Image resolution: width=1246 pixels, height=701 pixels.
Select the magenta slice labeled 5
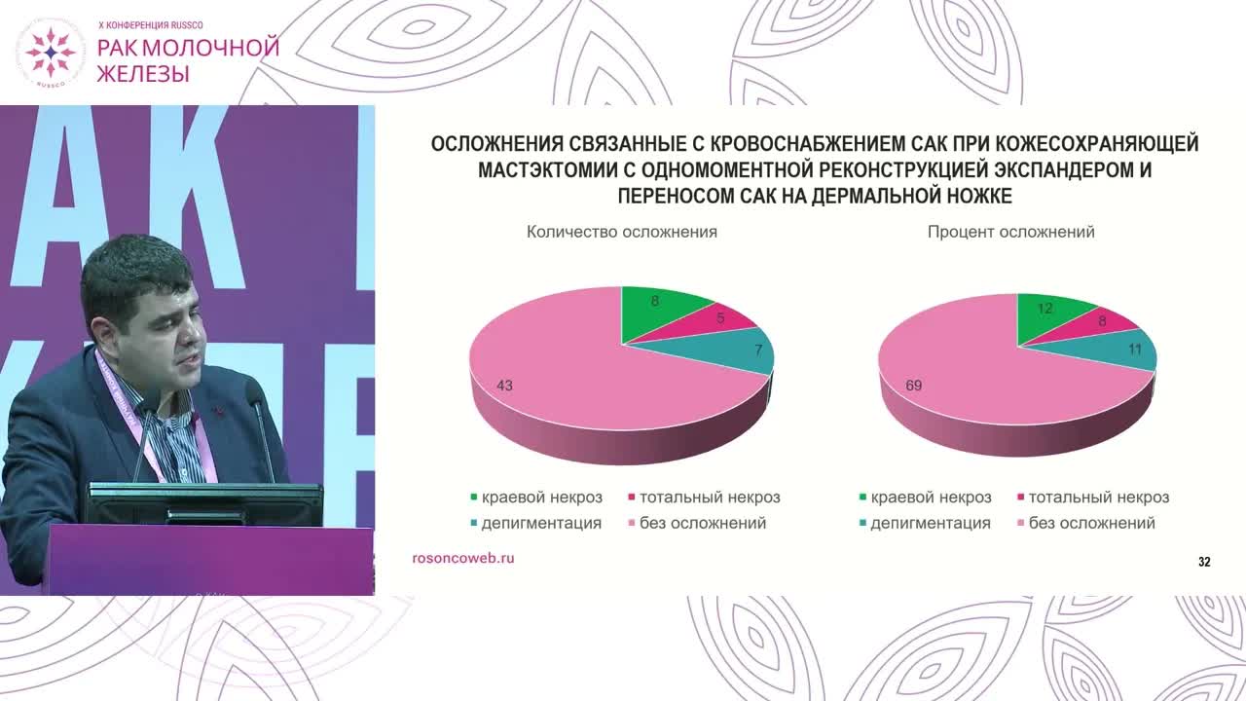(x=721, y=319)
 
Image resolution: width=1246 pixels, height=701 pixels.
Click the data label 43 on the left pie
(x=504, y=386)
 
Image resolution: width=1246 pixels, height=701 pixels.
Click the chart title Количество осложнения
(x=622, y=232)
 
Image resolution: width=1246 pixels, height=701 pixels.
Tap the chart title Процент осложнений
(x=1010, y=232)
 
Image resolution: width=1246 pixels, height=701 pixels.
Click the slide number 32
(x=1204, y=562)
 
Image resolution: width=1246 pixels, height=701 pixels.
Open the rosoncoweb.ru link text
(x=463, y=558)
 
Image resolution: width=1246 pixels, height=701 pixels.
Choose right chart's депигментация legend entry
(x=929, y=523)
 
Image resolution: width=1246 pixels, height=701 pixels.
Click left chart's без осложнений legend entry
(x=702, y=523)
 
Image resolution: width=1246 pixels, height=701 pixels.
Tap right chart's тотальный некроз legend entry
(x=1098, y=498)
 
